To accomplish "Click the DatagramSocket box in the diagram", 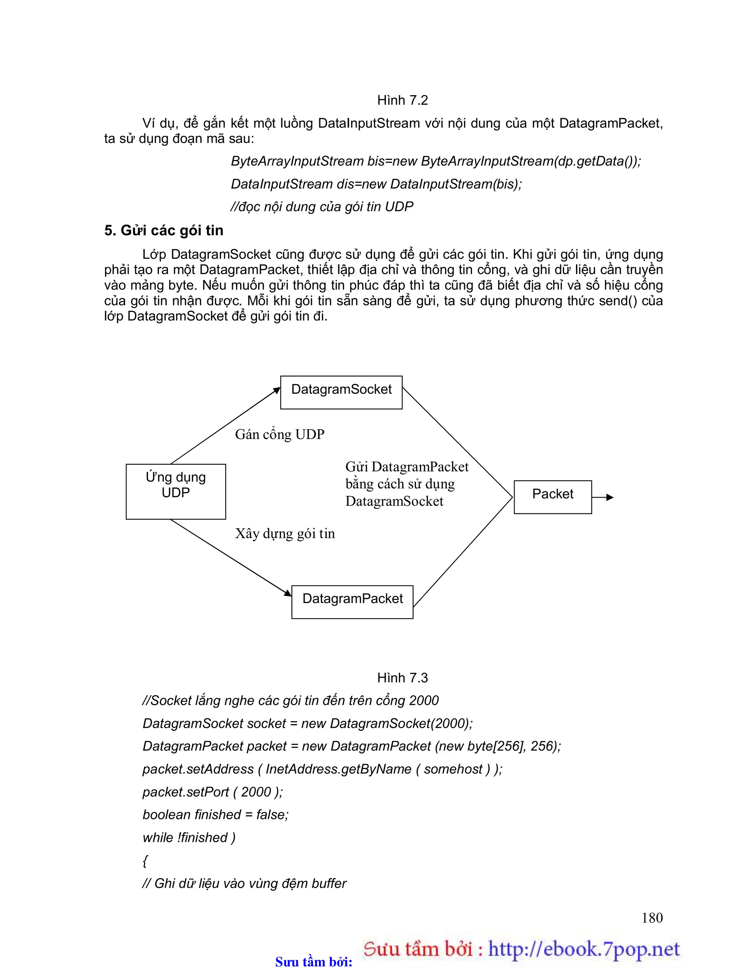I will pyautogui.click(x=341, y=392).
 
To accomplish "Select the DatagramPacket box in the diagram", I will pyautogui.click(x=352, y=602).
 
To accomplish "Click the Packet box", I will pyautogui.click(x=552, y=497).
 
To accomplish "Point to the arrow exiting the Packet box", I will pyautogui.click(x=604, y=497).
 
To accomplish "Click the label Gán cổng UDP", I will pyautogui.click(x=280, y=434).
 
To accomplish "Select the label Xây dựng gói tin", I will pyautogui.click(x=285, y=533).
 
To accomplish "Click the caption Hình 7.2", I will pyautogui.click(x=402, y=100).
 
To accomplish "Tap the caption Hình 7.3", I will pyautogui.click(x=402, y=678).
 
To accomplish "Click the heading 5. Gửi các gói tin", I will pyautogui.click(x=164, y=231).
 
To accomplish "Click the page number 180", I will pyautogui.click(x=652, y=918).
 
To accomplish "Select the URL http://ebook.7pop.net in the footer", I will pyautogui.click(x=584, y=949).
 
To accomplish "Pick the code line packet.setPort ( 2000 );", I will pyautogui.click(x=212, y=792).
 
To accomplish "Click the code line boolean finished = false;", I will pyautogui.click(x=216, y=814).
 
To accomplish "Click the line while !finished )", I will pyautogui.click(x=189, y=838).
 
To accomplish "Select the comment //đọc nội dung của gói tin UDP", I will pyautogui.click(x=322, y=206).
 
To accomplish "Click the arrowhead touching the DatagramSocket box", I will pyautogui.click(x=276, y=390).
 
